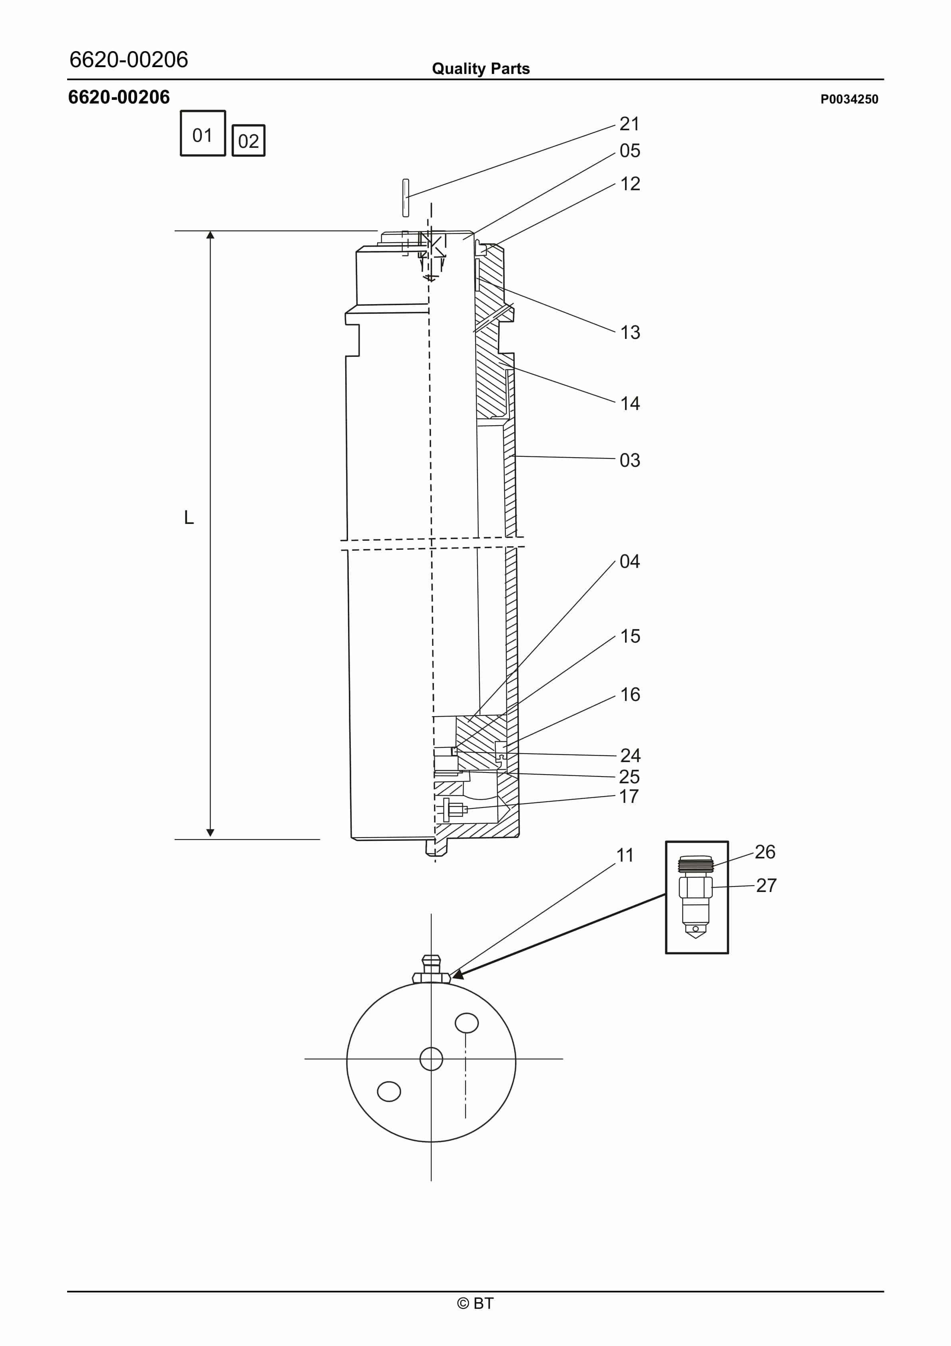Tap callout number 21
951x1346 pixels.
tap(629, 124)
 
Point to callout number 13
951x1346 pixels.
tap(630, 333)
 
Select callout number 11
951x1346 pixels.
tap(625, 855)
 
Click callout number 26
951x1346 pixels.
tap(764, 851)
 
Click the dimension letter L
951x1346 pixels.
tap(189, 518)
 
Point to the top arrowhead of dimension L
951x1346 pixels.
tap(211, 235)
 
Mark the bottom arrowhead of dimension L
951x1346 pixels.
tap(211, 833)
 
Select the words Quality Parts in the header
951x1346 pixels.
tap(480, 69)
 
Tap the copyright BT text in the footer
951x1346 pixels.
tap(475, 1303)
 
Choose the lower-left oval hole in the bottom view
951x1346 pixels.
tap(389, 1091)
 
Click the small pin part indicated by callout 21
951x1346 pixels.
tap(406, 197)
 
